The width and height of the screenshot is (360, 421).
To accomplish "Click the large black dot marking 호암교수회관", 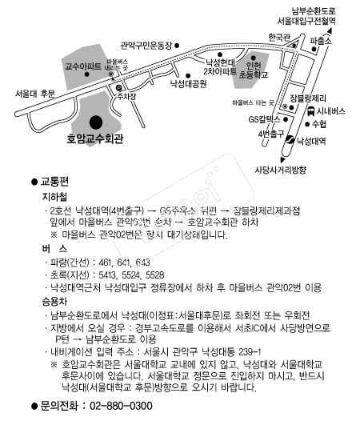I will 96,122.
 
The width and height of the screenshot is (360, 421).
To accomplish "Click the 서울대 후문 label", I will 35,94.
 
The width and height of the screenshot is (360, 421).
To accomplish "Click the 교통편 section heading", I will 56,182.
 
